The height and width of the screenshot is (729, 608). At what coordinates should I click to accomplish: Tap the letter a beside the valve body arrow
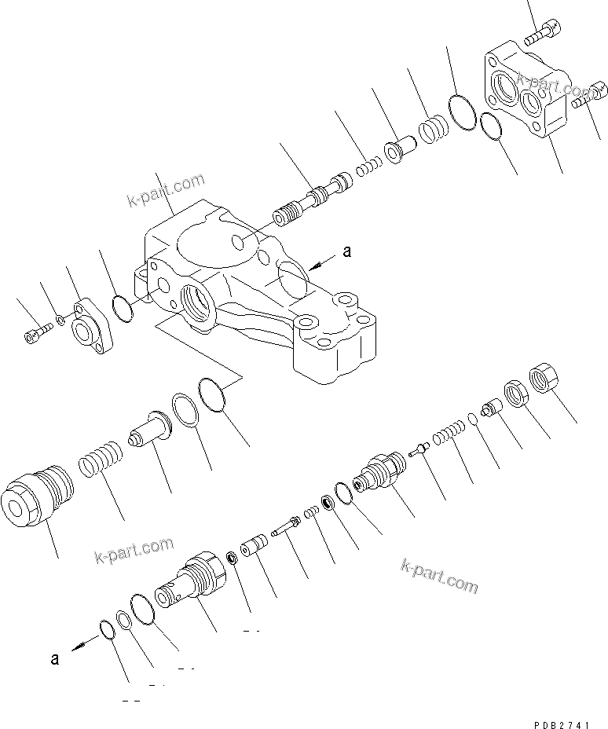[x=346, y=251]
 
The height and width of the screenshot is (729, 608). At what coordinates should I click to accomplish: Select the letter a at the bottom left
[x=55, y=659]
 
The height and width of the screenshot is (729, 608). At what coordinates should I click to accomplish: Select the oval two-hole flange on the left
[x=92, y=328]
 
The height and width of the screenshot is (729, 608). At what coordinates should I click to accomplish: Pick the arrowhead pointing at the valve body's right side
[x=310, y=265]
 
